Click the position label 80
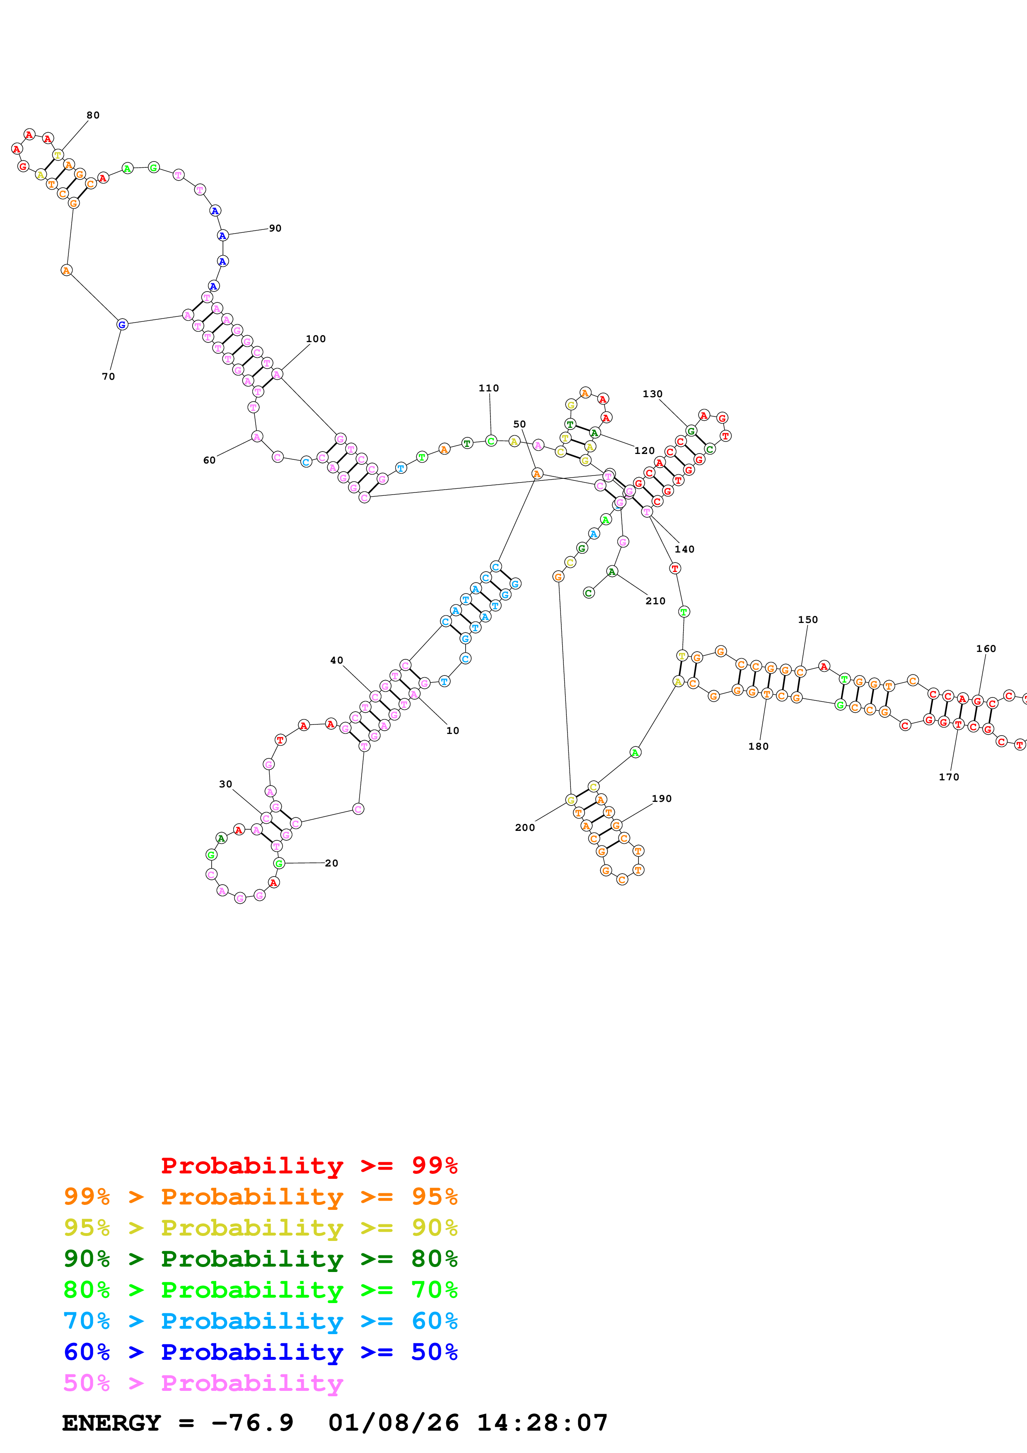(x=93, y=115)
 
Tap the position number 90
(x=275, y=229)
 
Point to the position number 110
(x=488, y=389)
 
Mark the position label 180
(x=759, y=747)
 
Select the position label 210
(x=655, y=601)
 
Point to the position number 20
(x=331, y=863)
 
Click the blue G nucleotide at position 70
(x=122, y=325)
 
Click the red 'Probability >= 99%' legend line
(x=309, y=1166)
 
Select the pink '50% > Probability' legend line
(x=203, y=1383)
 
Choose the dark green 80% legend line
(x=261, y=1259)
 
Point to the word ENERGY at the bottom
(x=111, y=1423)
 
